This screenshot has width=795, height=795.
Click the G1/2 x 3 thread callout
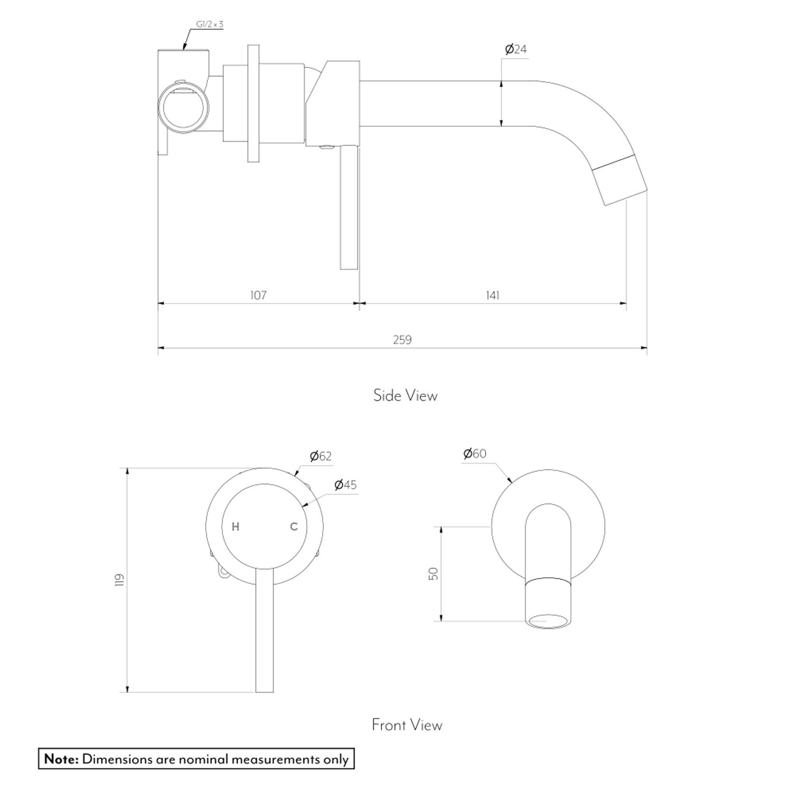point(209,24)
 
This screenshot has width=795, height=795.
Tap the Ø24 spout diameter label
point(516,49)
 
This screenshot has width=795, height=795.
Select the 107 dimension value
point(259,295)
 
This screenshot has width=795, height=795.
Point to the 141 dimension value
point(492,295)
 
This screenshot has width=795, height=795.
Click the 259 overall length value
point(402,340)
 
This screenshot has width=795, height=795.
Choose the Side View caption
point(405,395)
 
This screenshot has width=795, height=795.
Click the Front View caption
point(407,725)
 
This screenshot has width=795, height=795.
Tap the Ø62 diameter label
point(321,456)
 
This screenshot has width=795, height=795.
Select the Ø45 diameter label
point(345,485)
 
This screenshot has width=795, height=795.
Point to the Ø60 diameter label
point(475,453)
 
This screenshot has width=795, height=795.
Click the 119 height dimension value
point(119,580)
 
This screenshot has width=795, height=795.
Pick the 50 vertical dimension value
point(433,573)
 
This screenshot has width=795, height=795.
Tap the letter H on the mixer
point(235,527)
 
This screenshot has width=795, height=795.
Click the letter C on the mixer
point(294,527)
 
